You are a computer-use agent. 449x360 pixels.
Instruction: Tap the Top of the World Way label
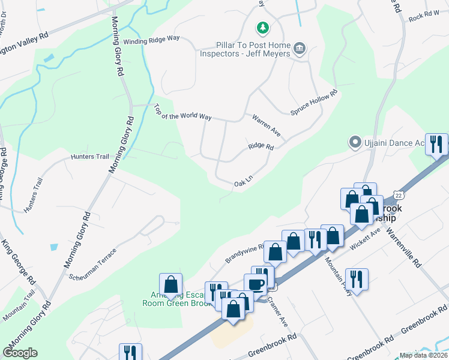tap(182, 112)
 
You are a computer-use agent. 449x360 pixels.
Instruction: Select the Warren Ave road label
tap(266, 125)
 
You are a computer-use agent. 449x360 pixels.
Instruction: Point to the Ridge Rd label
tap(261, 146)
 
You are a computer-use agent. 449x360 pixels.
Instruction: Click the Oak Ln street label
tap(244, 181)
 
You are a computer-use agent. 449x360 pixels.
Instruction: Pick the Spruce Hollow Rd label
tap(315, 103)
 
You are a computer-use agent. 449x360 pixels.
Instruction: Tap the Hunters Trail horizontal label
tap(90, 157)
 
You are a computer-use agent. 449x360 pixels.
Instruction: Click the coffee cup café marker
tap(255, 284)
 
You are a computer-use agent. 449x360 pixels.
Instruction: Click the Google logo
tap(20, 353)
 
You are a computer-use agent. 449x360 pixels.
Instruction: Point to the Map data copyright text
tap(424, 355)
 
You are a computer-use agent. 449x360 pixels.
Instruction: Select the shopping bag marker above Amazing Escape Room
tap(171, 284)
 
